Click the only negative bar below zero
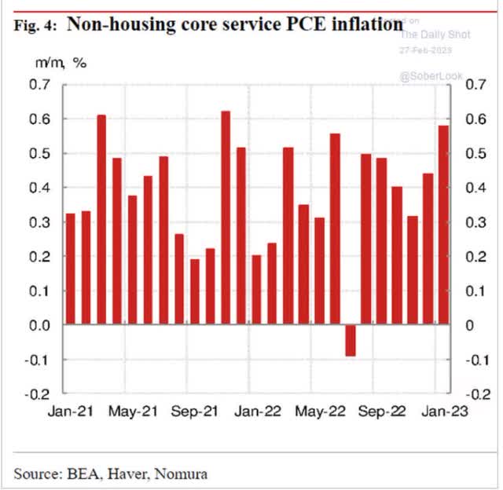(350, 340)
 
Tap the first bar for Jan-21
(71, 269)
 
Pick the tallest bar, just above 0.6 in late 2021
(226, 218)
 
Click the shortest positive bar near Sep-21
(195, 291)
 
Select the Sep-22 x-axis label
(381, 411)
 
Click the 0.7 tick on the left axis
(41, 85)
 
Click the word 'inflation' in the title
(362, 24)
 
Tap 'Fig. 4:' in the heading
(35, 26)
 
